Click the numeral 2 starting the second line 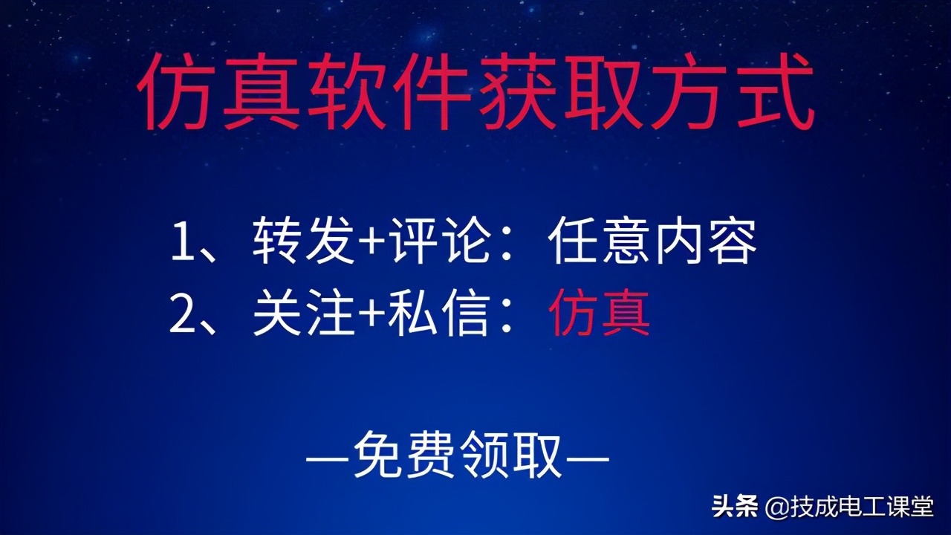(183, 314)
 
